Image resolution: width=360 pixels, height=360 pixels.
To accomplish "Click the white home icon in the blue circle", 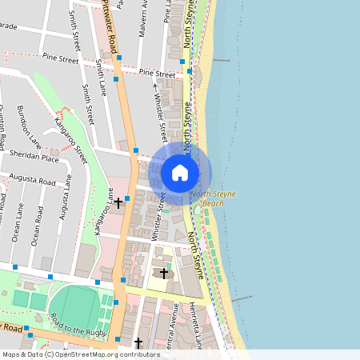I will (x=180, y=172).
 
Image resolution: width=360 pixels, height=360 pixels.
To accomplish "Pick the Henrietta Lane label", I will (x=195, y=328).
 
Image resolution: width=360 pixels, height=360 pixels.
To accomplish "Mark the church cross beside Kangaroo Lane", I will (x=118, y=203).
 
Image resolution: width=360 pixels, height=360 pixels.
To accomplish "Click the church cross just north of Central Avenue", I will (x=164, y=274).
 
